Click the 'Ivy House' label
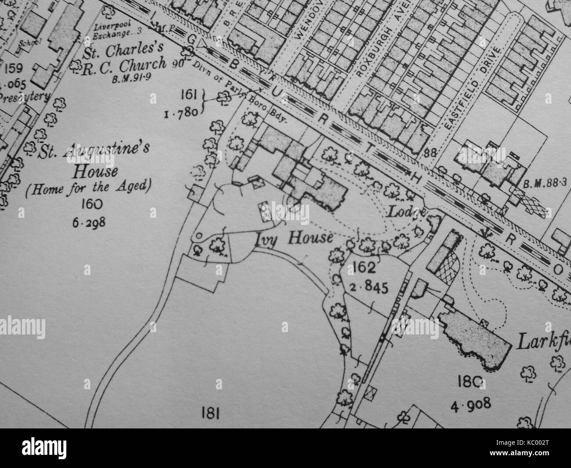pos(293,238)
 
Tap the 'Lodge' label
pos(406,211)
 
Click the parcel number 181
pos(210,414)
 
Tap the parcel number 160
pos(91,204)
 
